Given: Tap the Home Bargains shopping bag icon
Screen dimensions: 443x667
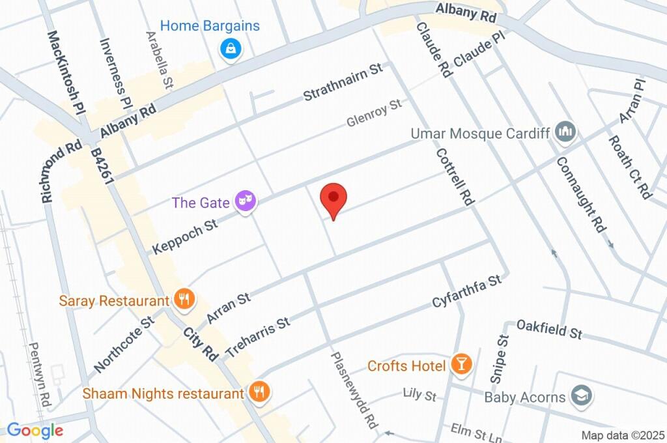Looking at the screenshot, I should pyautogui.click(x=230, y=48).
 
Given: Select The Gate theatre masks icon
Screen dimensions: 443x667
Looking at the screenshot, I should pyautogui.click(x=246, y=201).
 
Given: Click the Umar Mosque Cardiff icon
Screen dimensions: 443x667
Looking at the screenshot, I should pyautogui.click(x=565, y=133).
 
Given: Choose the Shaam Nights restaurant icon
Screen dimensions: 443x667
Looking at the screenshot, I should pyautogui.click(x=259, y=393).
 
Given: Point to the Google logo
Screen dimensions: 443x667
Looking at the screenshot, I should pyautogui.click(x=35, y=431).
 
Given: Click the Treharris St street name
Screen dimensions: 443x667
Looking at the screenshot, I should pyautogui.click(x=257, y=337).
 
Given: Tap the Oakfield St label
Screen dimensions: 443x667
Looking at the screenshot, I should pyautogui.click(x=548, y=329).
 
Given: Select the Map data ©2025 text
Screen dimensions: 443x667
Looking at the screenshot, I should pyautogui.click(x=623, y=435).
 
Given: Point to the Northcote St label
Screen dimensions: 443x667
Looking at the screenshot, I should pyautogui.click(x=123, y=345).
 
